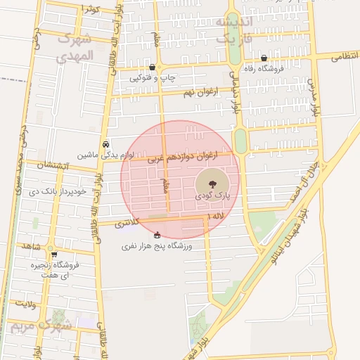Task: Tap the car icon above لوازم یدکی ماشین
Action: click(105, 143)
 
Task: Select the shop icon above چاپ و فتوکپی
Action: click(152, 67)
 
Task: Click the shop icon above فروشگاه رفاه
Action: click(264, 58)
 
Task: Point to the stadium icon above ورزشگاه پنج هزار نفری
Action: click(157, 235)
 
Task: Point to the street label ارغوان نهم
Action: click(202, 92)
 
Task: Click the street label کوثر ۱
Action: click(91, 9)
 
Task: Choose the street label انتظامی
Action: click(344, 56)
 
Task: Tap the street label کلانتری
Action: click(127, 222)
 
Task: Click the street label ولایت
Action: click(26, 304)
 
